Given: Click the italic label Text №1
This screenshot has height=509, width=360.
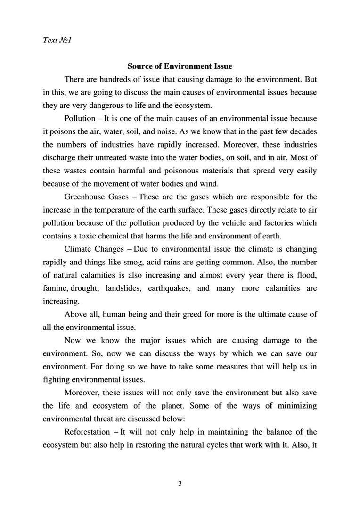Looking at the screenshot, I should [x=57, y=41].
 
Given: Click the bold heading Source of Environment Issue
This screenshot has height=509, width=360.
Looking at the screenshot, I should [x=180, y=66].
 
